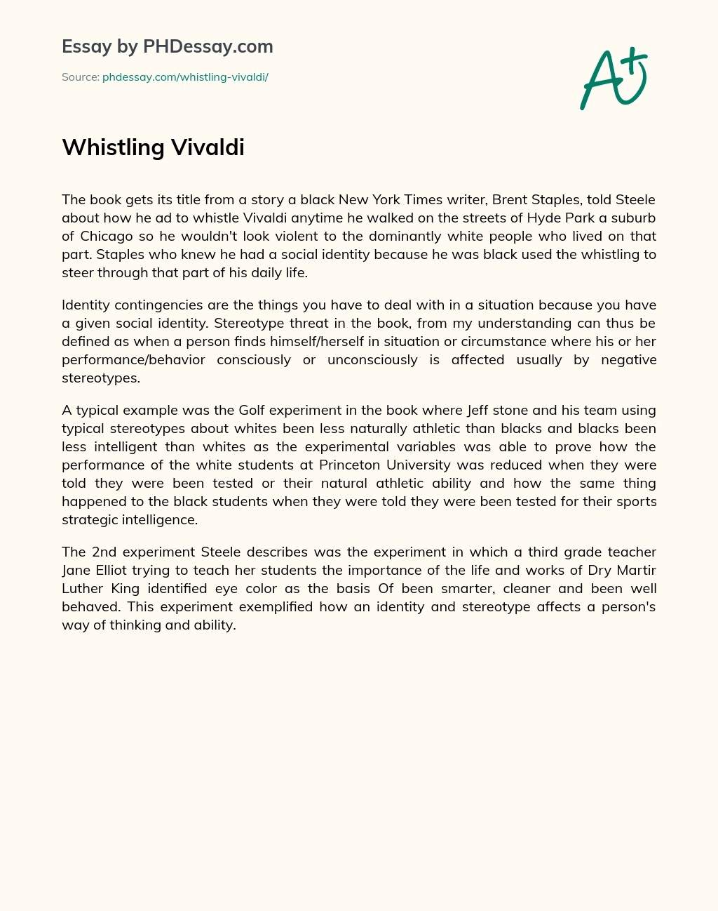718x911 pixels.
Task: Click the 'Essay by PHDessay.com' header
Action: (168, 46)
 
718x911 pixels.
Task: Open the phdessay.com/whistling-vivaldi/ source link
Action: (185, 77)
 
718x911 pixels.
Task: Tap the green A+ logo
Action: (614, 79)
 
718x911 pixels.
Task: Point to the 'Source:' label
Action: (80, 77)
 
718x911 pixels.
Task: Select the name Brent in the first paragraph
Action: (510, 199)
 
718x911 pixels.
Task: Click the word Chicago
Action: (107, 236)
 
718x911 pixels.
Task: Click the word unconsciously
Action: (372, 359)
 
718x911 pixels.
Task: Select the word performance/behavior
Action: (133, 359)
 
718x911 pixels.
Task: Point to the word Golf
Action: (252, 410)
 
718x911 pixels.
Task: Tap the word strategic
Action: (89, 519)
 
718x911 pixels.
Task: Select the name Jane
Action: (76, 570)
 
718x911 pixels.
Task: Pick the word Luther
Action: (82, 588)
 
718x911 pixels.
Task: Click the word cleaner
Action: (526, 588)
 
